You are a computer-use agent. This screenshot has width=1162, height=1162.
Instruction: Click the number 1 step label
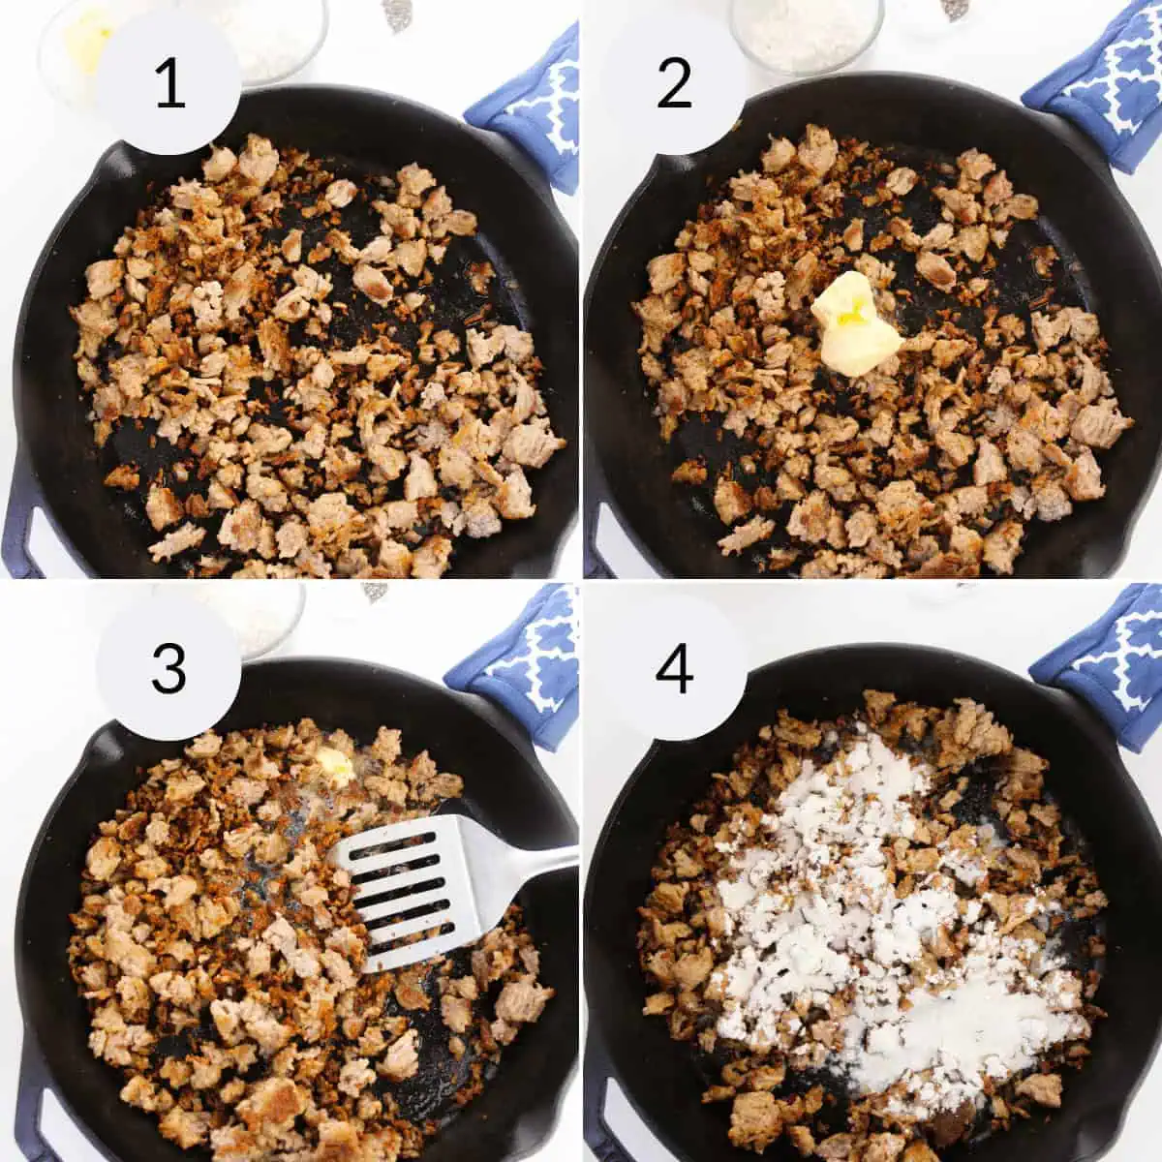(x=170, y=85)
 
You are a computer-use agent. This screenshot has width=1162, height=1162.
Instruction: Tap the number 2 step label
(x=674, y=85)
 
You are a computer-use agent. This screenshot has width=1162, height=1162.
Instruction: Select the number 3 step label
(x=168, y=669)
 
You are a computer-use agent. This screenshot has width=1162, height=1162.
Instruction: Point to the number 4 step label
(x=674, y=669)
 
